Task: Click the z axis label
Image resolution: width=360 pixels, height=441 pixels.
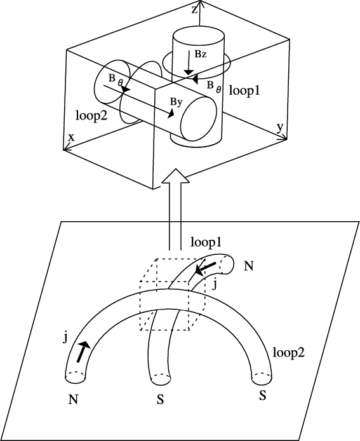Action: (x=195, y=10)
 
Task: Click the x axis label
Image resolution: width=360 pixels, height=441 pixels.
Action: (x=72, y=137)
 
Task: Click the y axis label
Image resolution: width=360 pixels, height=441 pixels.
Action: (x=280, y=128)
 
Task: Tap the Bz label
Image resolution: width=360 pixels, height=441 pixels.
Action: (x=201, y=54)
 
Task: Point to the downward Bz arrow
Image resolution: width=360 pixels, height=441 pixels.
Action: (x=189, y=62)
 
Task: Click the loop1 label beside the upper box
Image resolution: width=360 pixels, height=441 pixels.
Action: (x=244, y=91)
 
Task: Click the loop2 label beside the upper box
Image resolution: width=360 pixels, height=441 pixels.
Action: (x=91, y=115)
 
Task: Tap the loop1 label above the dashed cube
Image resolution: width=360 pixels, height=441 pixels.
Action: (x=206, y=242)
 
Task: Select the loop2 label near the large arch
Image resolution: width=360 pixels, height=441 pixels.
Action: (x=289, y=352)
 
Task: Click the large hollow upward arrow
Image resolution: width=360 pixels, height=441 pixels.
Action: (x=175, y=209)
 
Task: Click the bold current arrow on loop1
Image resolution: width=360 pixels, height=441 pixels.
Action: (x=205, y=269)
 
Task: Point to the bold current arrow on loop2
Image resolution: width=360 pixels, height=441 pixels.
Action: (x=83, y=351)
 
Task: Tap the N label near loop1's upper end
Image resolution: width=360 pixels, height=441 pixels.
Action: (x=248, y=266)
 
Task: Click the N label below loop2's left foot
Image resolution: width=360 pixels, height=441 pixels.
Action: (x=73, y=399)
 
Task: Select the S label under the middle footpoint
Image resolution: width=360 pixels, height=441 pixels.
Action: (x=160, y=400)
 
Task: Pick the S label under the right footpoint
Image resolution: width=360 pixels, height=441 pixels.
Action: (x=262, y=396)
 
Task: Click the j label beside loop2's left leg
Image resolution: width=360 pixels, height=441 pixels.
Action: (x=65, y=338)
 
